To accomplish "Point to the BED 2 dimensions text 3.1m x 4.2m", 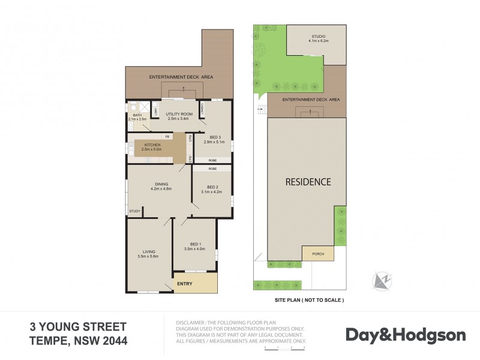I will click(211, 192).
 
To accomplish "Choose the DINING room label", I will click(160, 184).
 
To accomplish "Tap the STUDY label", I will click(135, 211).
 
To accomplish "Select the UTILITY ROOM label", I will click(179, 113).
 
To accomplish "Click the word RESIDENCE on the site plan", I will click(307, 181).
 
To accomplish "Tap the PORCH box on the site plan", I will click(318, 254).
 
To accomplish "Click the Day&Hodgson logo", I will click(397, 334).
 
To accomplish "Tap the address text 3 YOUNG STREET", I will click(78, 327).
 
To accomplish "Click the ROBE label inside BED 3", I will click(212, 161).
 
